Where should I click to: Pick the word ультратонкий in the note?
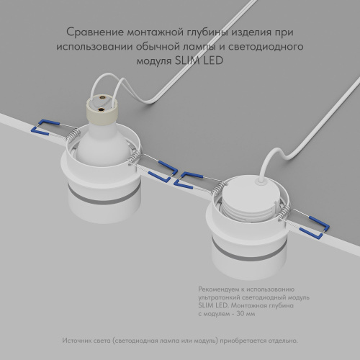pos(220,297)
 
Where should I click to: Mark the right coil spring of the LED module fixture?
pos(285,212)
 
